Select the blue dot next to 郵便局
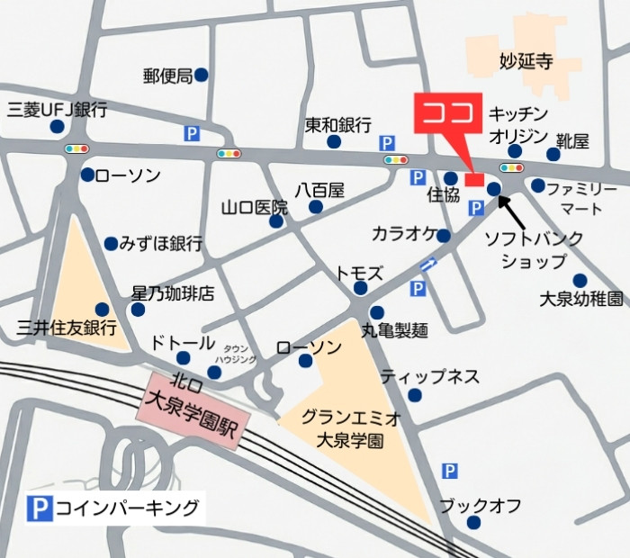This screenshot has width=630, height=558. pyautogui.click(x=202, y=76)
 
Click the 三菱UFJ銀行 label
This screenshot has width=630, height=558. pyautogui.click(x=57, y=111)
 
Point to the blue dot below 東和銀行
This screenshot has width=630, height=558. pyautogui.click(x=334, y=142)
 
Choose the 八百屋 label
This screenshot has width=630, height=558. pyautogui.click(x=319, y=190)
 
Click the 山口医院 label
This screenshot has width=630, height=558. pyautogui.click(x=255, y=208)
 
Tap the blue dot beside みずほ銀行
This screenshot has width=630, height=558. pyautogui.click(x=111, y=244)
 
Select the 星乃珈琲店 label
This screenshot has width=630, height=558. pyautogui.click(x=173, y=293)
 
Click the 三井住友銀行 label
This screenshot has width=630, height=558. pyautogui.click(x=67, y=327)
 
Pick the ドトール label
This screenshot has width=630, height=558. pyautogui.click(x=183, y=343)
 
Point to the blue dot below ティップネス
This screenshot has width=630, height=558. pyautogui.click(x=415, y=395)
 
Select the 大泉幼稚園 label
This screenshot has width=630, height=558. pyautogui.click(x=580, y=298)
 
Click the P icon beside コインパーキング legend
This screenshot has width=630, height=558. pyautogui.click(x=36, y=508)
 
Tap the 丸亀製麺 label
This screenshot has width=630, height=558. pyautogui.click(x=394, y=330)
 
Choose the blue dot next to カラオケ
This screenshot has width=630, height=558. pyautogui.click(x=444, y=236)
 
